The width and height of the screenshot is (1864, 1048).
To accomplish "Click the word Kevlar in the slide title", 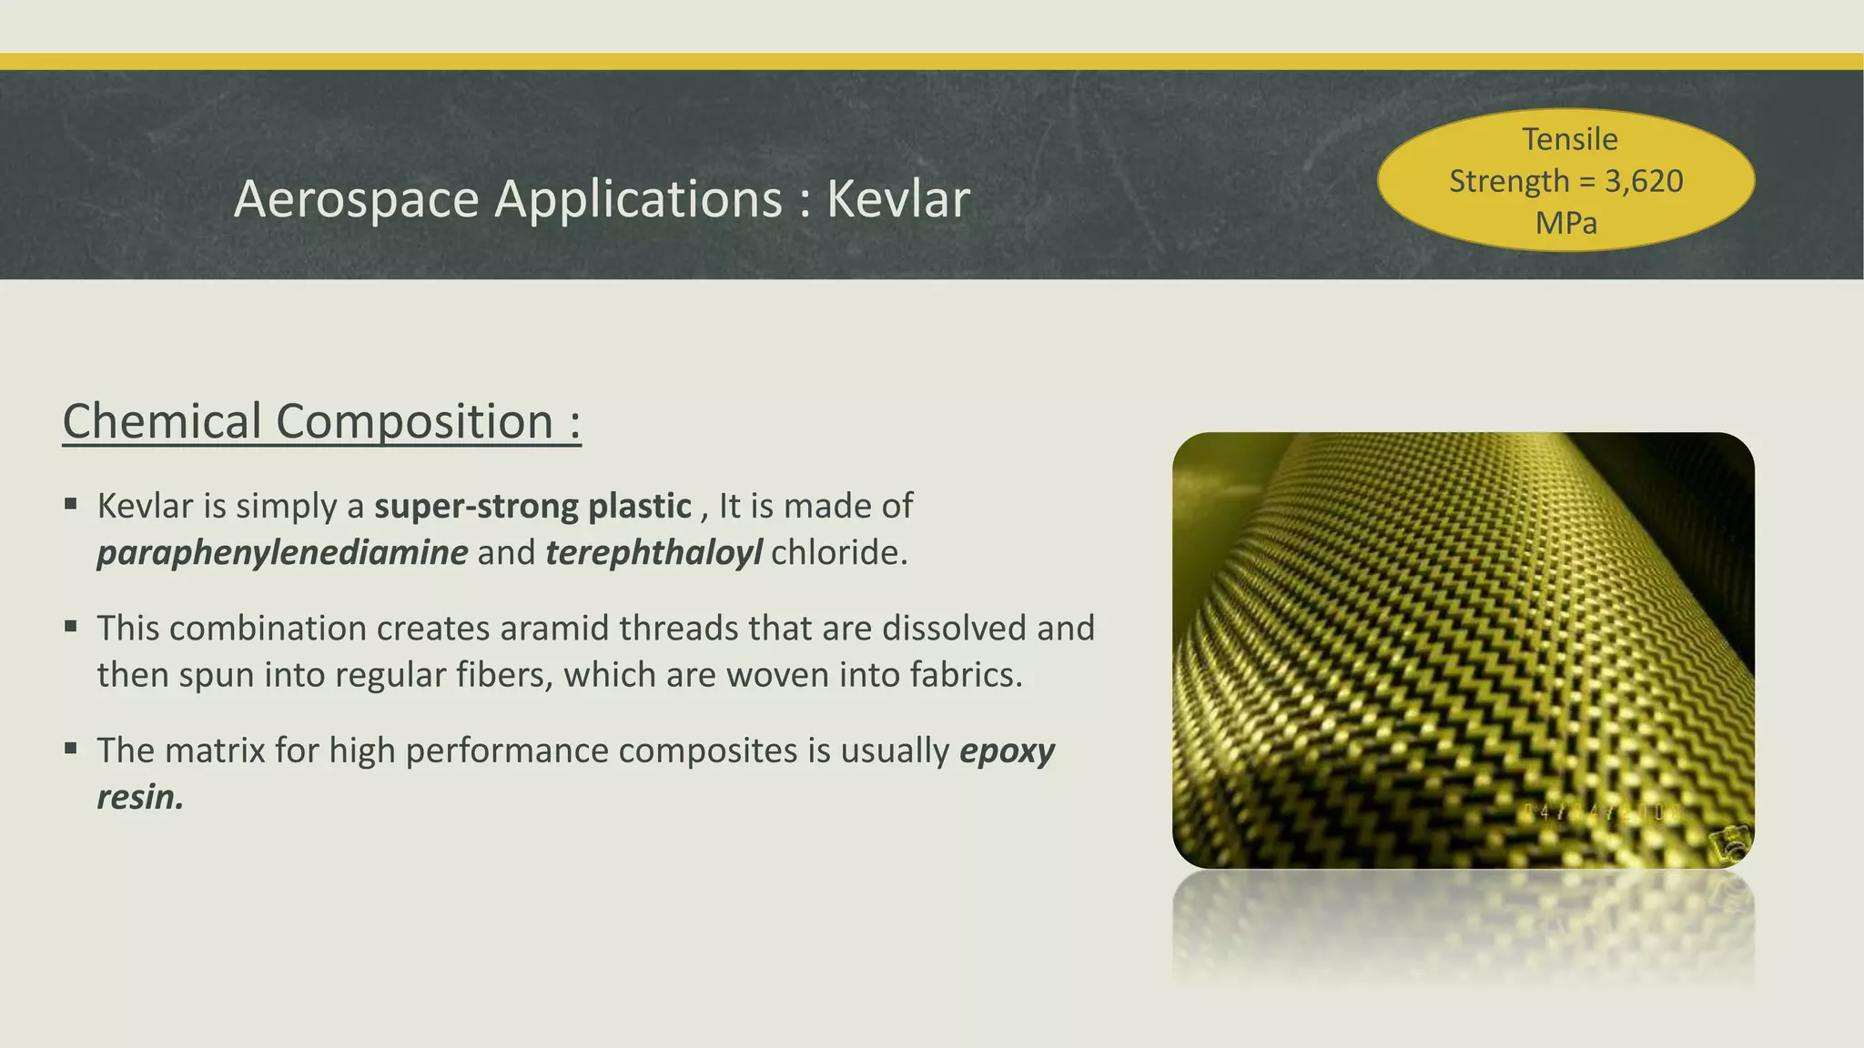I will pyautogui.click(x=897, y=199).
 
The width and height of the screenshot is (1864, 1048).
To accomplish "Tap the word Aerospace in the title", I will pyautogui.click(x=356, y=199).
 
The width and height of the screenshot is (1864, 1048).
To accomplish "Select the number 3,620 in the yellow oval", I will pyautogui.click(x=1643, y=181).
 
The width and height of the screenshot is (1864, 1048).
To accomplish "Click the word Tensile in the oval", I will pyautogui.click(x=1569, y=139).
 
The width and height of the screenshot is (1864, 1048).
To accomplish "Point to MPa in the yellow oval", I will pyautogui.click(x=1565, y=223).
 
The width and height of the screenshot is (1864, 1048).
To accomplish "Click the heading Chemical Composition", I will pyautogui.click(x=321, y=422).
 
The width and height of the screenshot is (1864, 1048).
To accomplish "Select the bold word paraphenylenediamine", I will pyautogui.click(x=282, y=553).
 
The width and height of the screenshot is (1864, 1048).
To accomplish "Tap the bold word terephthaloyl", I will pyautogui.click(x=653, y=553).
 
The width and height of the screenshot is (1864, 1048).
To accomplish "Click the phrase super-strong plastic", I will pyautogui.click(x=532, y=506).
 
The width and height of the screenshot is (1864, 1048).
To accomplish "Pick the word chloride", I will pyautogui.click(x=838, y=553).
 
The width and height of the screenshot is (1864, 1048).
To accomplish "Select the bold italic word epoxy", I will pyautogui.click(x=1007, y=751).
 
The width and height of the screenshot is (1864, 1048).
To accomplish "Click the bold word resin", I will pyautogui.click(x=140, y=798).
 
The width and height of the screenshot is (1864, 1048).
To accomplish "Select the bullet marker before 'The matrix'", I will pyautogui.click(x=71, y=748).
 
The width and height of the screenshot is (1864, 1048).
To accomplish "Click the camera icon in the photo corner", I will pyautogui.click(x=1728, y=844).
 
